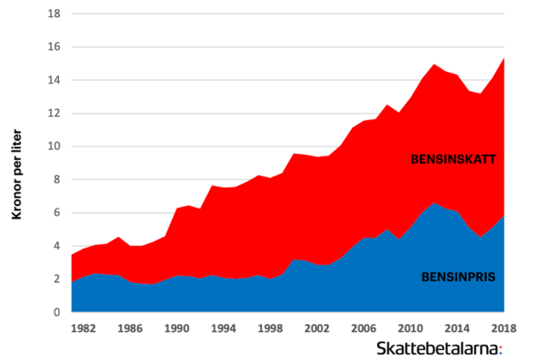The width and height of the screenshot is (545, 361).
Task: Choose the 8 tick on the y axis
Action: click(55, 180)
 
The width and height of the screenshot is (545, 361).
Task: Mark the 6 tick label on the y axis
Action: click(55, 213)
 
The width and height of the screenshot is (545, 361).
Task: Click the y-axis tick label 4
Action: click(55, 246)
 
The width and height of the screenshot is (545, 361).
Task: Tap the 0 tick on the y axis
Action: click(55, 312)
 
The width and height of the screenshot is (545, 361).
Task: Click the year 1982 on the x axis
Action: click(83, 328)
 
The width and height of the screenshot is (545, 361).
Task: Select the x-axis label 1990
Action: click(176, 328)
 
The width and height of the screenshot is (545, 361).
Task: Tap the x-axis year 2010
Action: click(410, 328)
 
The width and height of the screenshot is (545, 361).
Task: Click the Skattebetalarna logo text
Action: click(439, 348)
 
